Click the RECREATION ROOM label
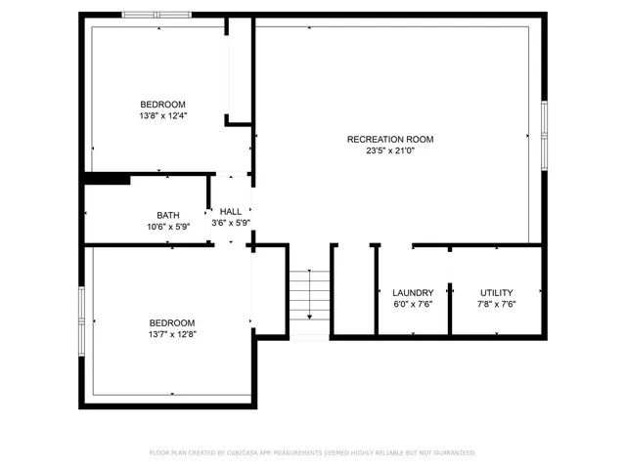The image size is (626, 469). click(389, 140)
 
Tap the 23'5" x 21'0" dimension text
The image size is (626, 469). click(389, 151)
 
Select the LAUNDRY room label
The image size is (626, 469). click(413, 293)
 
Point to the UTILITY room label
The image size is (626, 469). click(496, 293)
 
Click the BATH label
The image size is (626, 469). click(167, 216)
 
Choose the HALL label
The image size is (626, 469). click(231, 211)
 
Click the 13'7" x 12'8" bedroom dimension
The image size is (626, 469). click(171, 335)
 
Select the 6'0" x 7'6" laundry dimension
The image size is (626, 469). click(413, 304)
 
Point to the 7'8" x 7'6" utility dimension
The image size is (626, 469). click(496, 304)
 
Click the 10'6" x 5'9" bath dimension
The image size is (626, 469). click(167, 228)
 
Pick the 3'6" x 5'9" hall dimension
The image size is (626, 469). click(231, 223)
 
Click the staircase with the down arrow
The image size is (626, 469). click(308, 293)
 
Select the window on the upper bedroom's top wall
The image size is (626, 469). click(156, 15)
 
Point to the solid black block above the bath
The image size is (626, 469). click(108, 178)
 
